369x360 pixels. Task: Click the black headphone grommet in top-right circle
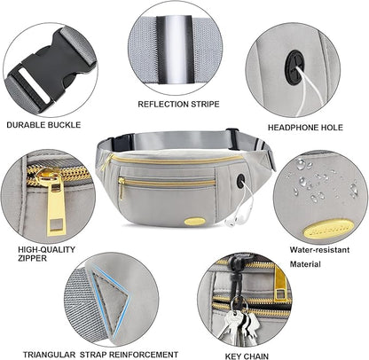[295, 65]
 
